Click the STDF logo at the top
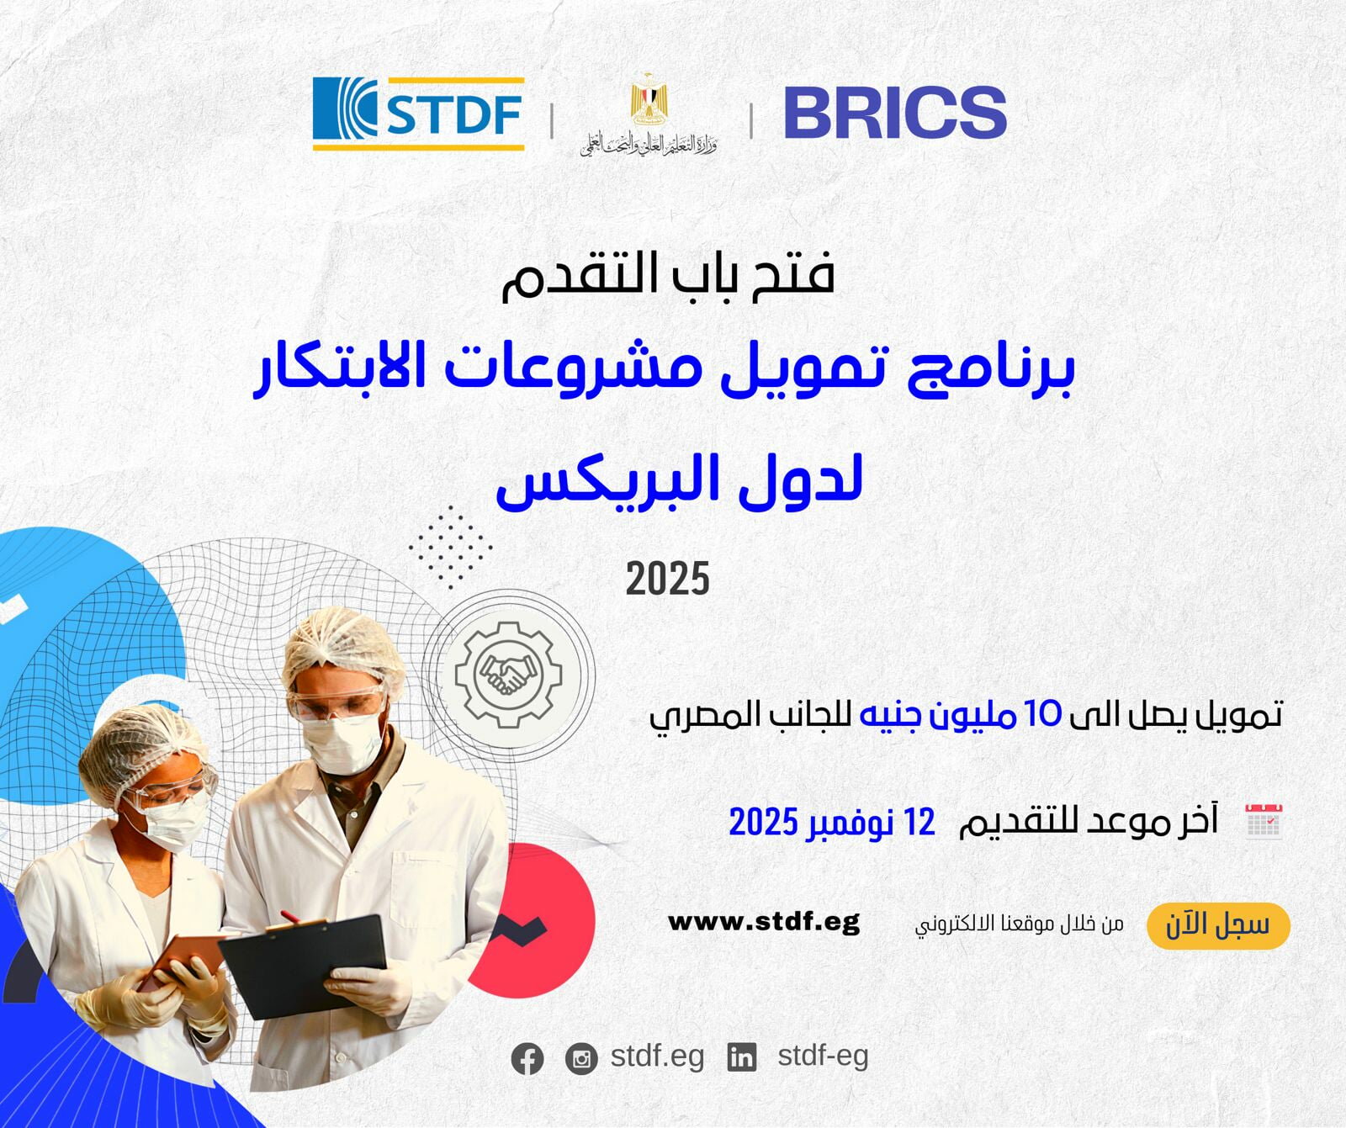click(418, 114)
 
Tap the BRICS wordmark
click(894, 113)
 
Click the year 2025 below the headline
click(667, 579)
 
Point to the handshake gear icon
click(508, 675)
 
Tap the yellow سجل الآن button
click(1217, 925)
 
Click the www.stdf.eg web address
click(763, 922)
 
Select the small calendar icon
click(1263, 821)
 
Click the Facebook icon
click(527, 1058)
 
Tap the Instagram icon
click(580, 1058)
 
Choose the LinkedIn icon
click(741, 1057)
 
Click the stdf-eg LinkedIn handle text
click(822, 1056)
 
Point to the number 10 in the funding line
click(1043, 714)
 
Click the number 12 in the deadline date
click(919, 822)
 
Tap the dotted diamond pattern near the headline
click(450, 548)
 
